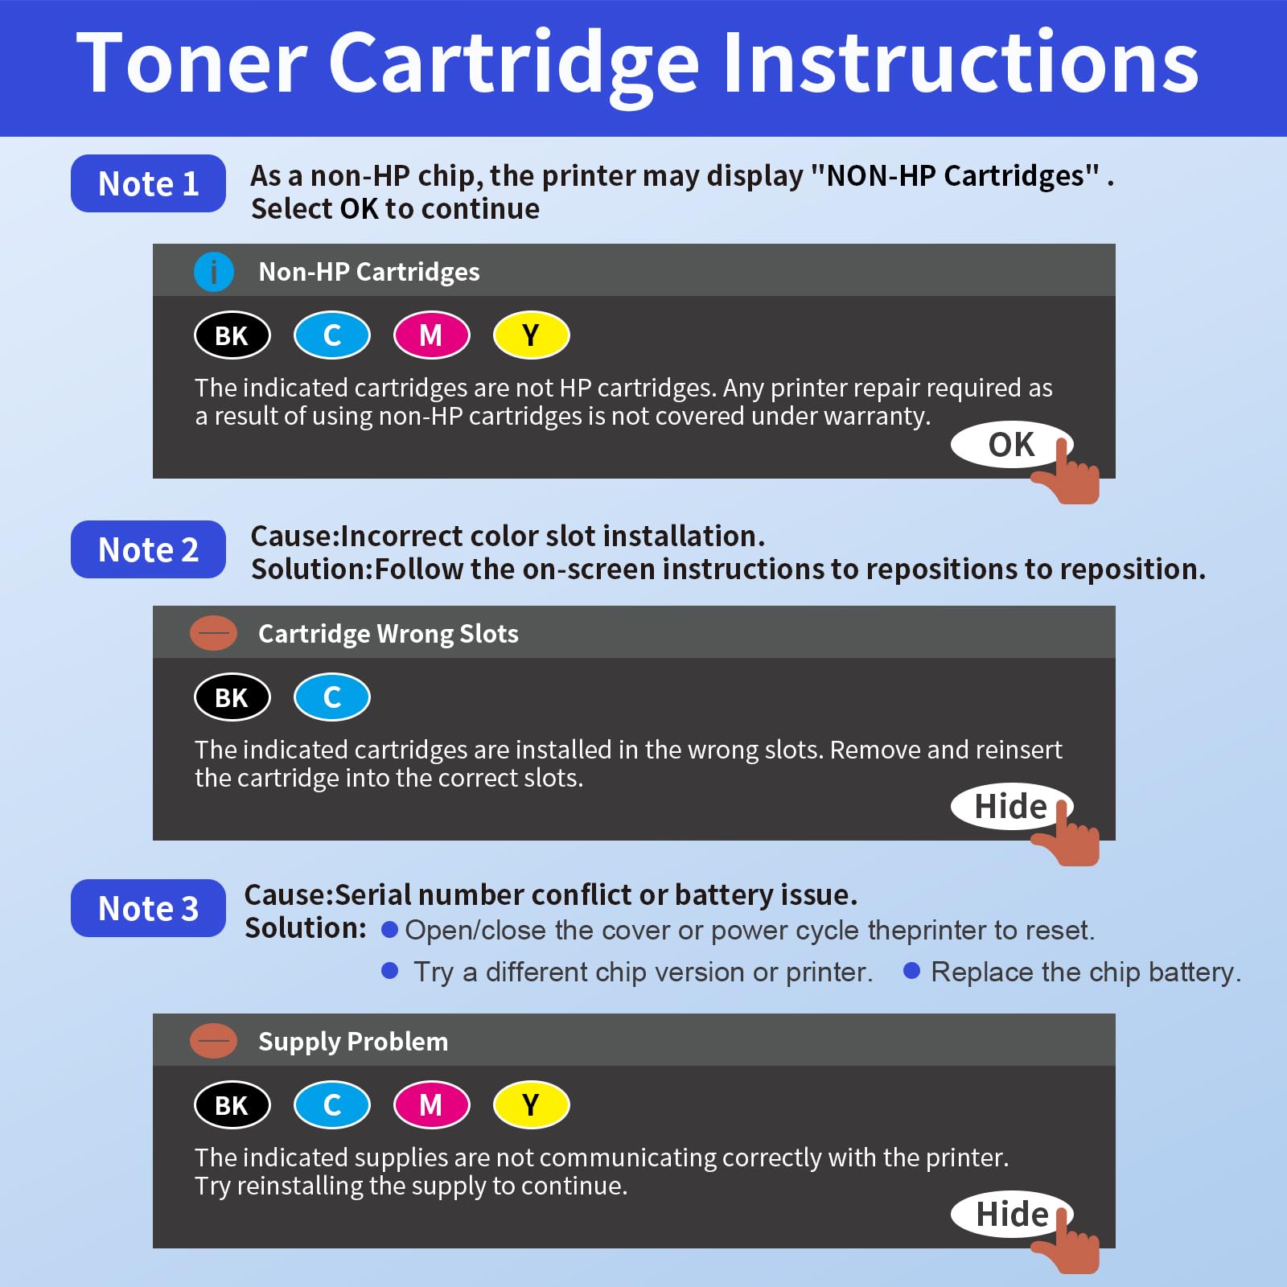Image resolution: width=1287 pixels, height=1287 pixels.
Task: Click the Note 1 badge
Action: point(148,183)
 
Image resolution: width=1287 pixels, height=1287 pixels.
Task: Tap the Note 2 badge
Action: point(148,549)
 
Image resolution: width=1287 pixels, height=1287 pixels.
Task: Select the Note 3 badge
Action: point(148,908)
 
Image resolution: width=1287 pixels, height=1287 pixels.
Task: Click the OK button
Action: point(1010,444)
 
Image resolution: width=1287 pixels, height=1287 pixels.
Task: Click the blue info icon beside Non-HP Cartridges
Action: point(213,272)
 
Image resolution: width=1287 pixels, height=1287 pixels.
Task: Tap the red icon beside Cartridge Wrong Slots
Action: point(213,634)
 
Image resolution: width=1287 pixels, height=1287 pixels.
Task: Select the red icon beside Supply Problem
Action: point(213,1042)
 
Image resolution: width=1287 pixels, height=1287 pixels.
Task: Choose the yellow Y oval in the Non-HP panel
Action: point(531,335)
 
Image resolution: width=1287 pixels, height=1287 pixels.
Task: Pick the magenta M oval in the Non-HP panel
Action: point(431,335)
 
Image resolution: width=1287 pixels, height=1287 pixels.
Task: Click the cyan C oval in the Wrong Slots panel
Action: point(331,697)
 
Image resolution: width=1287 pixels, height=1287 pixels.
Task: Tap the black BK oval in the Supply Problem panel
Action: point(232,1105)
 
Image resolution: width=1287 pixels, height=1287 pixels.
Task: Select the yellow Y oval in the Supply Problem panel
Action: point(531,1105)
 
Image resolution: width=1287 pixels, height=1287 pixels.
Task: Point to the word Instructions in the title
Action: point(961,63)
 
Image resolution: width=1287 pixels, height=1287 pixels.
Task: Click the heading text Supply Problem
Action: point(352,1042)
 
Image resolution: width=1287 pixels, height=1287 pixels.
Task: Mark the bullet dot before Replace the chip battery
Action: point(911,971)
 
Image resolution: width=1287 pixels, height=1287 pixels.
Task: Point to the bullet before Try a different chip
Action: point(390,971)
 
